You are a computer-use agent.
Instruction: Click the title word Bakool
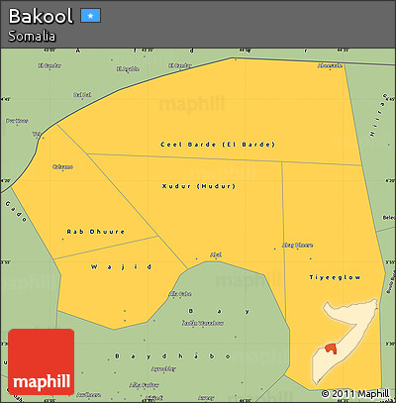(42, 17)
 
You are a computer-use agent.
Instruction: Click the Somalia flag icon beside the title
(91, 16)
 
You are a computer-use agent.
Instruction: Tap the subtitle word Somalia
(31, 36)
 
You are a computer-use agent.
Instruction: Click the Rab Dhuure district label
(95, 232)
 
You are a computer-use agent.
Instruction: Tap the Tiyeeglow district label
(328, 276)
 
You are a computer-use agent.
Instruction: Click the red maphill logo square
(41, 362)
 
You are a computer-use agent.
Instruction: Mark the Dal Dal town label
(82, 95)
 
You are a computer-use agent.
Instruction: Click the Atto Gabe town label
(180, 293)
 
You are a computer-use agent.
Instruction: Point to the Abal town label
(216, 254)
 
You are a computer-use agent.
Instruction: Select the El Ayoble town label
(128, 68)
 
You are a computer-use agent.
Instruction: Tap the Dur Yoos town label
(17, 121)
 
